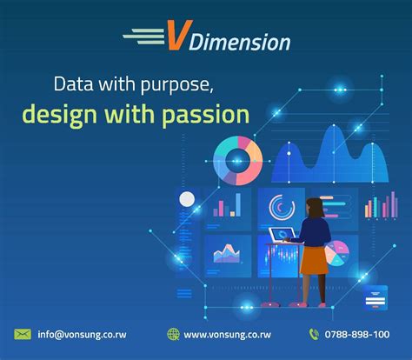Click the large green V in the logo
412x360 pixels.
pyautogui.click(x=177, y=37)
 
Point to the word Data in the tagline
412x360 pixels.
pyautogui.click(x=74, y=85)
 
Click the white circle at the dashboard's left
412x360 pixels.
pyautogui.click(x=187, y=200)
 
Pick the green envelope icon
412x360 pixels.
pyautogui.click(x=23, y=334)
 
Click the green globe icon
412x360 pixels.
pyautogui.click(x=174, y=334)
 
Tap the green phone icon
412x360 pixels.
pyautogui.click(x=314, y=334)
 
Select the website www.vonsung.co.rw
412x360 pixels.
pyautogui.click(x=229, y=334)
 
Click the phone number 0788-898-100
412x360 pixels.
pyautogui.click(x=358, y=334)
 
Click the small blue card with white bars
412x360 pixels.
pyautogui.click(x=376, y=296)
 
